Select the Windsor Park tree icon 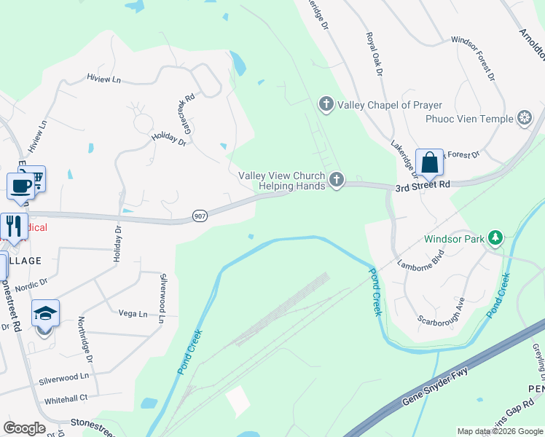(495, 237)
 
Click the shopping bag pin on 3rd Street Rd (430, 164)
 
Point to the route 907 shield (200, 216)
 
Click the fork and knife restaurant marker (13, 224)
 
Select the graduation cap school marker (45, 315)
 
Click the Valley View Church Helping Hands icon (336, 180)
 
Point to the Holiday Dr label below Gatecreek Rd (168, 139)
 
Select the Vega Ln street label (133, 313)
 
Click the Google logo (25, 428)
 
